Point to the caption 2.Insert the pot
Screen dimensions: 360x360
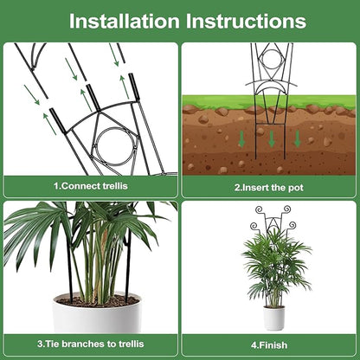267,185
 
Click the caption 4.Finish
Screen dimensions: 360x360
268,343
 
